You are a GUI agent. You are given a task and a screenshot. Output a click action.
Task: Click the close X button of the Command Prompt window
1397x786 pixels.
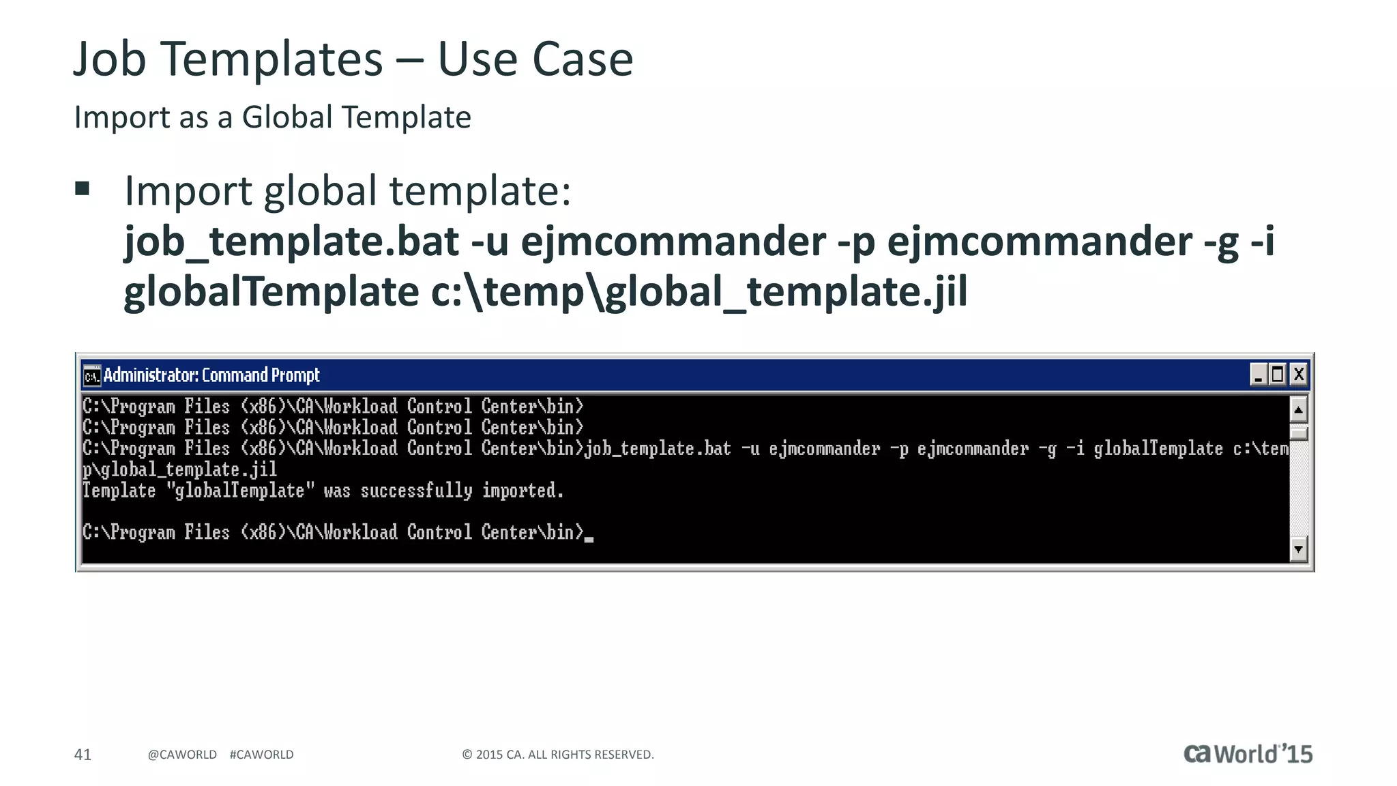click(1298, 375)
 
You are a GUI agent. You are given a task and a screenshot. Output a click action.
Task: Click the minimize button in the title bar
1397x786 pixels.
click(1259, 375)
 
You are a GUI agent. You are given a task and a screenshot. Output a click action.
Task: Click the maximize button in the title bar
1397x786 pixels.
click(1278, 375)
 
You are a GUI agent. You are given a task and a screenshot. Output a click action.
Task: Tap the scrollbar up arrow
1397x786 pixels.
click(1298, 410)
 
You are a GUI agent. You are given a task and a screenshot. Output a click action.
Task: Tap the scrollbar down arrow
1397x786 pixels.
click(1298, 549)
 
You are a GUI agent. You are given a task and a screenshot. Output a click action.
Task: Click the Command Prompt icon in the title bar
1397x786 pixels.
click(91, 375)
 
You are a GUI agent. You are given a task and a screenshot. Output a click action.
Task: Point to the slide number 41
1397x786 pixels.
click(83, 754)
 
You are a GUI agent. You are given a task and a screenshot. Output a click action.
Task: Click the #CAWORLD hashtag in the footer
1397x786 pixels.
click(261, 754)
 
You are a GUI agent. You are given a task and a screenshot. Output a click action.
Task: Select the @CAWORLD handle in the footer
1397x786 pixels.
click(182, 754)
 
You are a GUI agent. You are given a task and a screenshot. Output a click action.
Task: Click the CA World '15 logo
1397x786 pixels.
click(1248, 753)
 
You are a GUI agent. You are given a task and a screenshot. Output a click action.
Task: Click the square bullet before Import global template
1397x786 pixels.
click(83, 188)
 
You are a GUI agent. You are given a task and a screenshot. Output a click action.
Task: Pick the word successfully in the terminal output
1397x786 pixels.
click(416, 491)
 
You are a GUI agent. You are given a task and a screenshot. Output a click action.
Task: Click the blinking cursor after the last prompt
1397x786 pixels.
click(589, 539)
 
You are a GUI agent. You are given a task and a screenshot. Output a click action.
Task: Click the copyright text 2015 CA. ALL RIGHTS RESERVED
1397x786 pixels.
click(558, 754)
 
